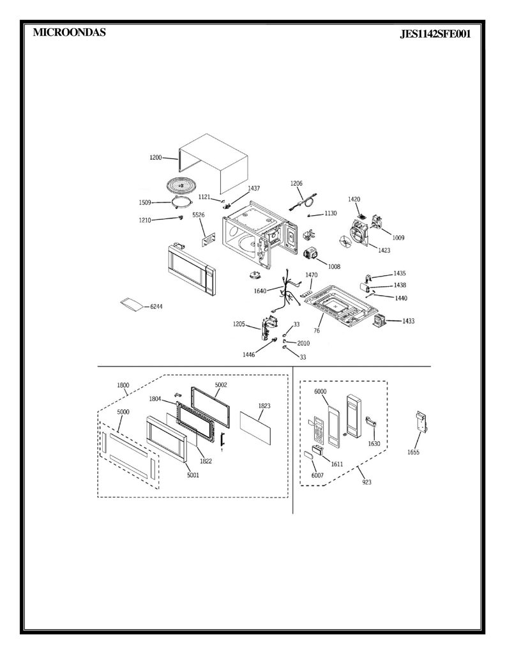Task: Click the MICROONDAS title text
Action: pos(69,33)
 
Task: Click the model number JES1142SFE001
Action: pos(435,34)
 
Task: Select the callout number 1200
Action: pos(156,157)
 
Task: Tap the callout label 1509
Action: pos(145,202)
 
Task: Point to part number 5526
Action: pos(199,215)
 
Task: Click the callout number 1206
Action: pos(296,183)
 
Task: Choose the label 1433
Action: pos(408,321)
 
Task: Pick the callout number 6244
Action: pos(156,307)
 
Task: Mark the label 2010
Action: pos(303,343)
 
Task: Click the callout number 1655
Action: pos(413,453)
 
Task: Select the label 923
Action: pos(366,482)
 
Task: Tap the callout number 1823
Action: pos(264,406)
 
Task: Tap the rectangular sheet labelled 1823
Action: pos(255,427)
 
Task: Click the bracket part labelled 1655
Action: pos(421,422)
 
